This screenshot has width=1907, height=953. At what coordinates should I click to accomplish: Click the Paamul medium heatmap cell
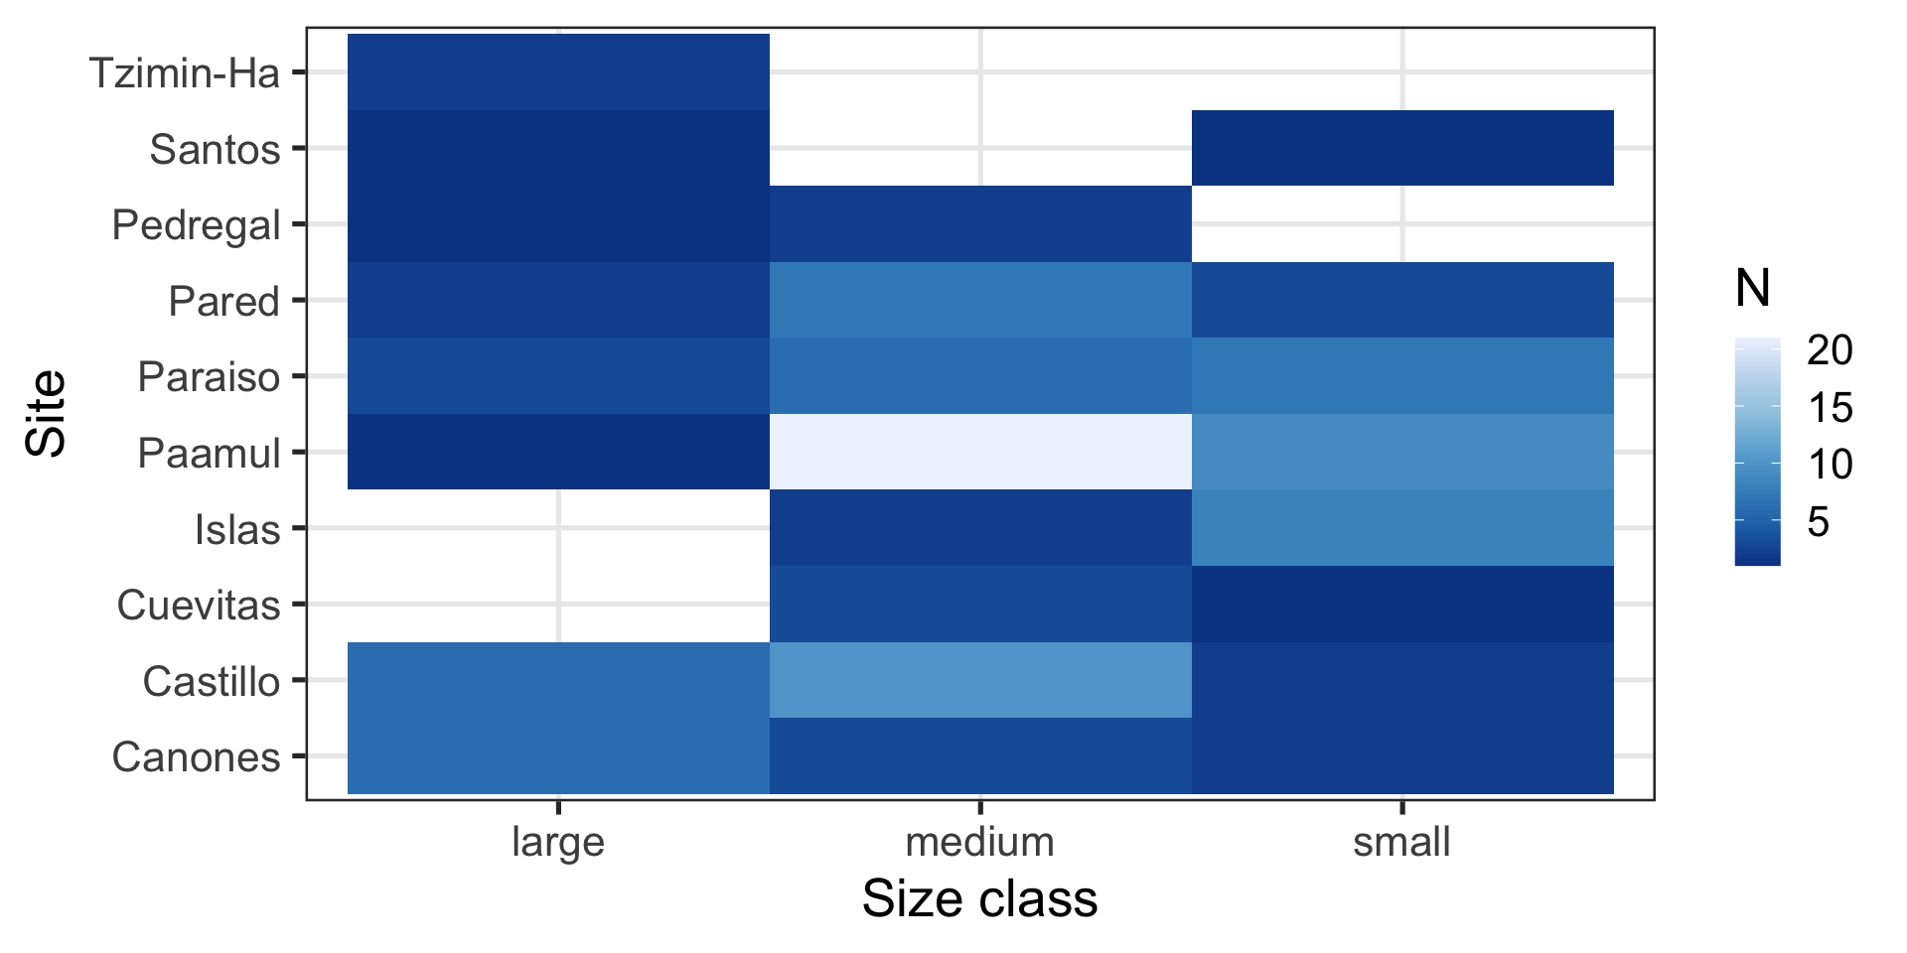[x=980, y=452]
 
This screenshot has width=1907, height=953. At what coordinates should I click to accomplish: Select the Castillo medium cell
[x=980, y=680]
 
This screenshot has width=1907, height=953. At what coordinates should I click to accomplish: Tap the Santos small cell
[x=1402, y=148]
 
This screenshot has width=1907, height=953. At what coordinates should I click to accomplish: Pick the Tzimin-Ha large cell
[x=558, y=71]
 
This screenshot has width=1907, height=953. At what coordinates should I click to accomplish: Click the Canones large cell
[x=558, y=756]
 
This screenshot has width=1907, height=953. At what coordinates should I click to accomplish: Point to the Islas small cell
[x=1402, y=528]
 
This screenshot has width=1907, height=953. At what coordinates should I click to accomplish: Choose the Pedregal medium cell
[x=980, y=223]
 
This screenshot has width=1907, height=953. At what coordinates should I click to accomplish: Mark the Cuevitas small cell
[x=1402, y=604]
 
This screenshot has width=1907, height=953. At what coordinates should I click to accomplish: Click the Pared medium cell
[x=980, y=300]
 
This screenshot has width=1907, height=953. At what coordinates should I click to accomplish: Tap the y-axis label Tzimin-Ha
[x=185, y=72]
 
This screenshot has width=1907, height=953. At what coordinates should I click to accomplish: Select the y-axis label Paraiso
[x=209, y=377]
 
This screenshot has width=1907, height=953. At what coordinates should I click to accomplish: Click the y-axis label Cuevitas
[x=199, y=606]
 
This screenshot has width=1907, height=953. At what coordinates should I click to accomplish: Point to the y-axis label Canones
[x=197, y=757]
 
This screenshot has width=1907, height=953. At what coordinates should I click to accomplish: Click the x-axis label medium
[x=980, y=842]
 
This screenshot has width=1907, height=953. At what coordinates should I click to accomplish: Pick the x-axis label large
[x=558, y=842]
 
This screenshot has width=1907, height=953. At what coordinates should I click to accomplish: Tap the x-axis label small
[x=1401, y=842]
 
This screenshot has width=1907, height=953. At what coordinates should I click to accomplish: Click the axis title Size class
[x=980, y=899]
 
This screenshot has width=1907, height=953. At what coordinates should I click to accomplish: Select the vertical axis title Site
[x=47, y=413]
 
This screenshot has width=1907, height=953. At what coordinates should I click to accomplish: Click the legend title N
[x=1753, y=289]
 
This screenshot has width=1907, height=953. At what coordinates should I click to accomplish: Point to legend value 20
[x=1830, y=350]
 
